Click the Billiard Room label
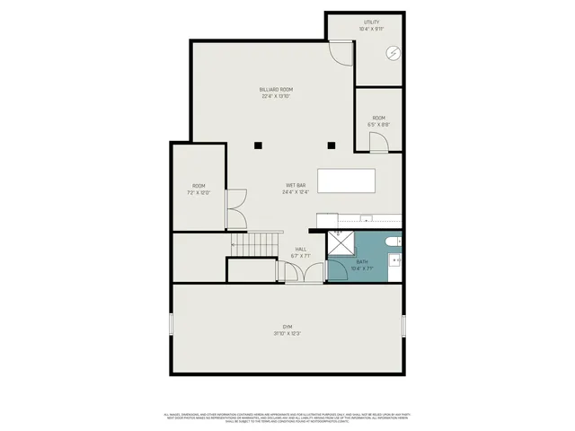[277, 90]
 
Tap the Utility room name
[371, 22]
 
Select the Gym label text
[287, 327]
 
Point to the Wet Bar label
[296, 185]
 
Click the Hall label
[301, 249]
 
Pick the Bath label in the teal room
[362, 262]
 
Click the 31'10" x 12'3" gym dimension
[287, 334]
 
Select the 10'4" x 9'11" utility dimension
[371, 29]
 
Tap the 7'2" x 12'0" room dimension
[199, 192]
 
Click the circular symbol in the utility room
[393, 54]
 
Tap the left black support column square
[258, 145]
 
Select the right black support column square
[331, 145]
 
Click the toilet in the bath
[394, 242]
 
